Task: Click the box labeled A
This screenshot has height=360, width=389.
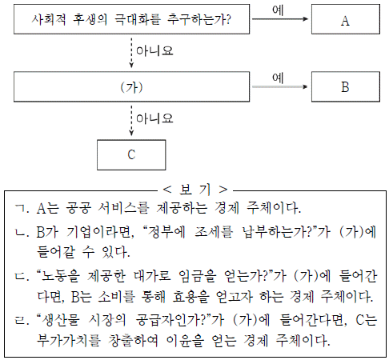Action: click(346, 19)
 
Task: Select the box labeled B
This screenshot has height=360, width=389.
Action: click(346, 86)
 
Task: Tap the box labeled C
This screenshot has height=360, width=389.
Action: click(131, 155)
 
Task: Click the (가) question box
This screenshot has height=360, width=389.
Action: click(131, 86)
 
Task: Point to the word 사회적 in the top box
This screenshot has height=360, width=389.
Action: click(49, 19)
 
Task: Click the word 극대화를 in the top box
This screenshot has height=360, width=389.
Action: click(138, 19)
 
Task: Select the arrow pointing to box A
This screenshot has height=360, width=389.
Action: click(280, 19)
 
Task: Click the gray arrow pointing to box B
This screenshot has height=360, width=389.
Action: click(280, 86)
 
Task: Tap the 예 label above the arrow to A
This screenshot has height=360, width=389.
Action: click(278, 10)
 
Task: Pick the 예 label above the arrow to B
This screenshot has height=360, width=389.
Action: click(278, 78)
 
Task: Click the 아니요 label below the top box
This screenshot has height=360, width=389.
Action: click(154, 51)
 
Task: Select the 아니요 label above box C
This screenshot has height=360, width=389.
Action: click(154, 118)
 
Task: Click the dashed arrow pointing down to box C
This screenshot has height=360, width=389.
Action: click(131, 121)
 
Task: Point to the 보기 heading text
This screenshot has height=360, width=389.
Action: click(195, 190)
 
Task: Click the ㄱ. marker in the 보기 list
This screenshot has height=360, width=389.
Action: click(22, 209)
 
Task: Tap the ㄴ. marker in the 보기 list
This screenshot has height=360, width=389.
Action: click(22, 233)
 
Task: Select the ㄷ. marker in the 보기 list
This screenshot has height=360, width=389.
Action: click(22, 277)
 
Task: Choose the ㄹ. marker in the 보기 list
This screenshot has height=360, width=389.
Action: click(22, 320)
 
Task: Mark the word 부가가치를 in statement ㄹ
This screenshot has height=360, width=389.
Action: click(69, 340)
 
